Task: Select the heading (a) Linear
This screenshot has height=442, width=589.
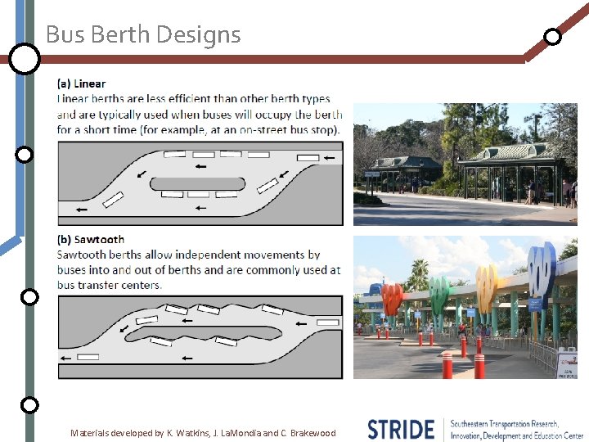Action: [81, 83]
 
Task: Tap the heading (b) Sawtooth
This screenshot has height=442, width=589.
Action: [91, 240]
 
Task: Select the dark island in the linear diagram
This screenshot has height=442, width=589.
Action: [197, 183]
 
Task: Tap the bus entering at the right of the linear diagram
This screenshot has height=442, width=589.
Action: [308, 157]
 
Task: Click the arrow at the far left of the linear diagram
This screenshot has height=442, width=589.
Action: [82, 210]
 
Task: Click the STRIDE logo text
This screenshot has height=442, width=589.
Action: [400, 429]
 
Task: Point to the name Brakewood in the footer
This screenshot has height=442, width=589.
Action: [312, 433]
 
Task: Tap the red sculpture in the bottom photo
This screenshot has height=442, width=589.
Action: [392, 298]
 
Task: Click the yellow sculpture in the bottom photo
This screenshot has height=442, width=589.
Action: [486, 286]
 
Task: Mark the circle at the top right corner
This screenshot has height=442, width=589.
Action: [553, 37]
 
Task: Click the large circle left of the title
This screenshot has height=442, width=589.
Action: [25, 58]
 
